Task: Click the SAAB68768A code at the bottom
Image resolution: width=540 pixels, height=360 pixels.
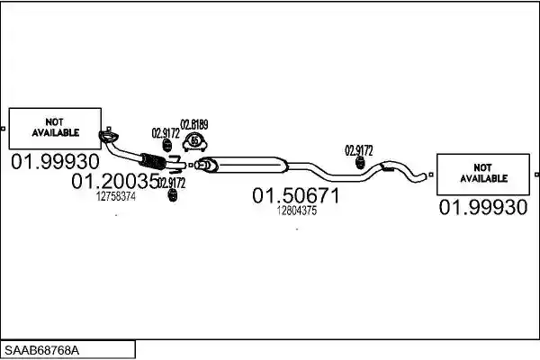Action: pos(41,350)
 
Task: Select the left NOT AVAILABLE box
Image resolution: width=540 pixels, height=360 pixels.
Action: pos(55,128)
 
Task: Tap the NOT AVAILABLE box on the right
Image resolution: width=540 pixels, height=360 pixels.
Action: pos(483,175)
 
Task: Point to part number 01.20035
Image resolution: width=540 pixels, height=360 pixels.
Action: pos(115,181)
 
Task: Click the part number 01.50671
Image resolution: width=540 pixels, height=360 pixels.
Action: pos(296,195)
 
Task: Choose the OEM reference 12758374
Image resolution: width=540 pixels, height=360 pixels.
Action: pos(116,197)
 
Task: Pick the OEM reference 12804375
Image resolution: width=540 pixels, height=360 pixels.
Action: pos(297,211)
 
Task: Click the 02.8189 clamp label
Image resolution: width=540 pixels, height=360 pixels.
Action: pos(194,124)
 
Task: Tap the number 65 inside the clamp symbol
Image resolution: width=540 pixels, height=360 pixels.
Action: pos(195,140)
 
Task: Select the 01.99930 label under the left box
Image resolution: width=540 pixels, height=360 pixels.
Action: pos(55,162)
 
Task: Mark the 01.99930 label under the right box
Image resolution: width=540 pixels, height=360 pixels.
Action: pos(483,207)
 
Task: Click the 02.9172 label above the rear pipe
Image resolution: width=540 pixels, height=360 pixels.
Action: pos(359,150)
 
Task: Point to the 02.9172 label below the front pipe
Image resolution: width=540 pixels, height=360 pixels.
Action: pos(172,183)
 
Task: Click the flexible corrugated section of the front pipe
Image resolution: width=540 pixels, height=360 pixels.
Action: pos(153,161)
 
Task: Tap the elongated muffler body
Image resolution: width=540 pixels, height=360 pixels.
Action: pos(244,165)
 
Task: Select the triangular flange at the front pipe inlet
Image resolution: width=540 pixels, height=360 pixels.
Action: pos(109,137)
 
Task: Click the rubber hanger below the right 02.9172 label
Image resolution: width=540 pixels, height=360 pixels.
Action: pos(360,163)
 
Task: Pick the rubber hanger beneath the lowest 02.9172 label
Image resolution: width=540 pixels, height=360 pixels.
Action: pos(173,195)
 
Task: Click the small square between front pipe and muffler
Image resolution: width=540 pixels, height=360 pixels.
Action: pos(191,166)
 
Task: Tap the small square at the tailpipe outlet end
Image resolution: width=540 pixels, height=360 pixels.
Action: pos(431,175)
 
